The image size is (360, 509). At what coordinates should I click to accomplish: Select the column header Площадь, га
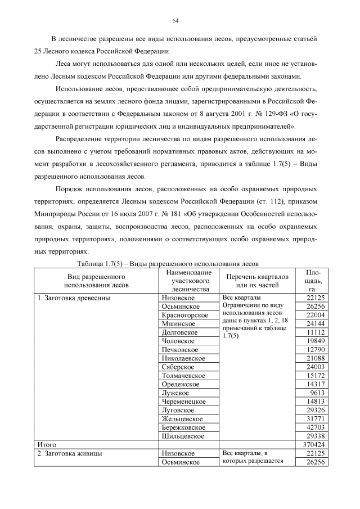pyautogui.click(x=313, y=280)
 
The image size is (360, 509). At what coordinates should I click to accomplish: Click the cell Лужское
pyautogui.click(x=175, y=393)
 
